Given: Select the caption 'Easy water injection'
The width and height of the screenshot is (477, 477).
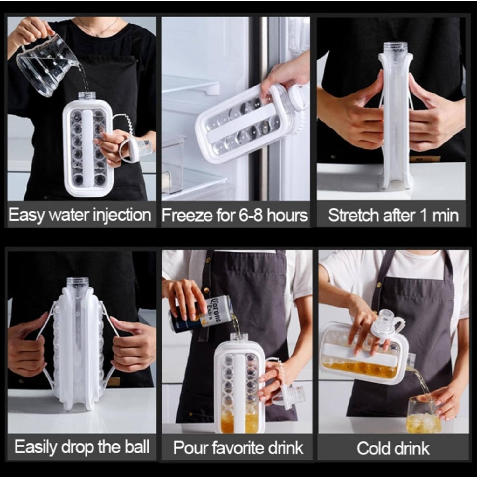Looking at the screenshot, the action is tap(79, 215).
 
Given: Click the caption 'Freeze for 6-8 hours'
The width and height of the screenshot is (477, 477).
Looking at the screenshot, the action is tap(235, 215).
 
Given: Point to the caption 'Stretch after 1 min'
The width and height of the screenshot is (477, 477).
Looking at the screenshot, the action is tap(393, 215).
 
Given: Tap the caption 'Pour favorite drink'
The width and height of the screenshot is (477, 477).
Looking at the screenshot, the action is tap(238, 447).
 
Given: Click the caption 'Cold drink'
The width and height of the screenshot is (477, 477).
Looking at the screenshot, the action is tap(393, 448).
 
